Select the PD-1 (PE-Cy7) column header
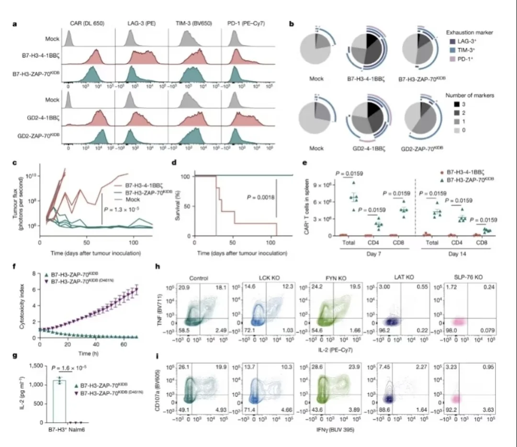pyautogui.click(x=244, y=23)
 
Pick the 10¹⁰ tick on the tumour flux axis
pyautogui.click(x=28, y=177)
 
